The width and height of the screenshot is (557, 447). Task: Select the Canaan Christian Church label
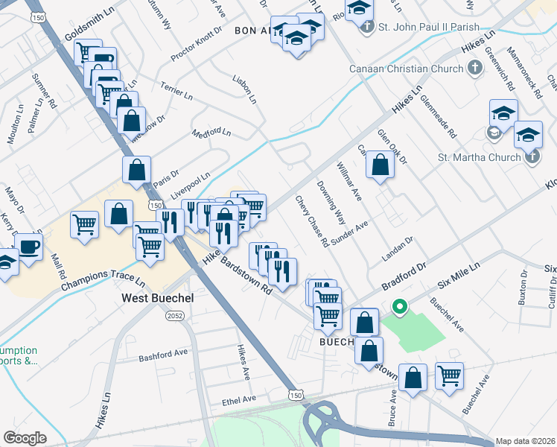click(x=406, y=69)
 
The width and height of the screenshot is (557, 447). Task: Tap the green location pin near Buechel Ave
click(x=399, y=306)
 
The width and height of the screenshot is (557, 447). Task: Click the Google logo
click(x=25, y=438)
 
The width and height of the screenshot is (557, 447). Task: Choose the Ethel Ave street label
click(x=238, y=399)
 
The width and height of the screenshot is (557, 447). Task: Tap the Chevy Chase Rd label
click(x=312, y=221)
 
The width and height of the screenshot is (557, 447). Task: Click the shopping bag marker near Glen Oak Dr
click(x=381, y=167)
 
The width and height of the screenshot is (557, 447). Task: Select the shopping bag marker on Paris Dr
click(x=138, y=170)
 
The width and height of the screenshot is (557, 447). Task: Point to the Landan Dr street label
click(x=398, y=248)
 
